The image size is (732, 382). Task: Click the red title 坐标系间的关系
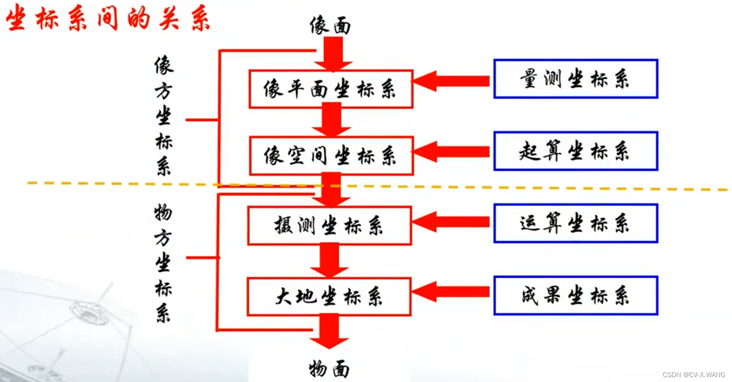(108, 19)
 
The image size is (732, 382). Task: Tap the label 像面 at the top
(330, 26)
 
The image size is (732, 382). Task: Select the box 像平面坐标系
(330, 89)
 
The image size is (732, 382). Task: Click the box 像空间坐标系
(331, 156)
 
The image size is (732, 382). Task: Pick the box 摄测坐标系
(329, 225)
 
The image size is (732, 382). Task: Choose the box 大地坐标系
(329, 297)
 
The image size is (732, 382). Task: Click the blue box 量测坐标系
(575, 79)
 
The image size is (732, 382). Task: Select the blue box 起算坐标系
(575, 151)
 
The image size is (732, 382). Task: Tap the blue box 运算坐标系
(575, 224)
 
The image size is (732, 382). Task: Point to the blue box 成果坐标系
(575, 296)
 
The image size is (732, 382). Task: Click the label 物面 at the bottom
(329, 369)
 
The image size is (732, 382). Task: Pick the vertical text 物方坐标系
(163, 263)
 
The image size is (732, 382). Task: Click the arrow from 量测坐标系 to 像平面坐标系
(452, 80)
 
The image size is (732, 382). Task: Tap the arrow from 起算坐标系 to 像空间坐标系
(452, 152)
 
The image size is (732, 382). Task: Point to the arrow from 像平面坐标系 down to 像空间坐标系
(331, 120)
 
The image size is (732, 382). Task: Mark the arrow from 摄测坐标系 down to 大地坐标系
(329, 260)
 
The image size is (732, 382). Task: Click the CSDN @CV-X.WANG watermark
(694, 375)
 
